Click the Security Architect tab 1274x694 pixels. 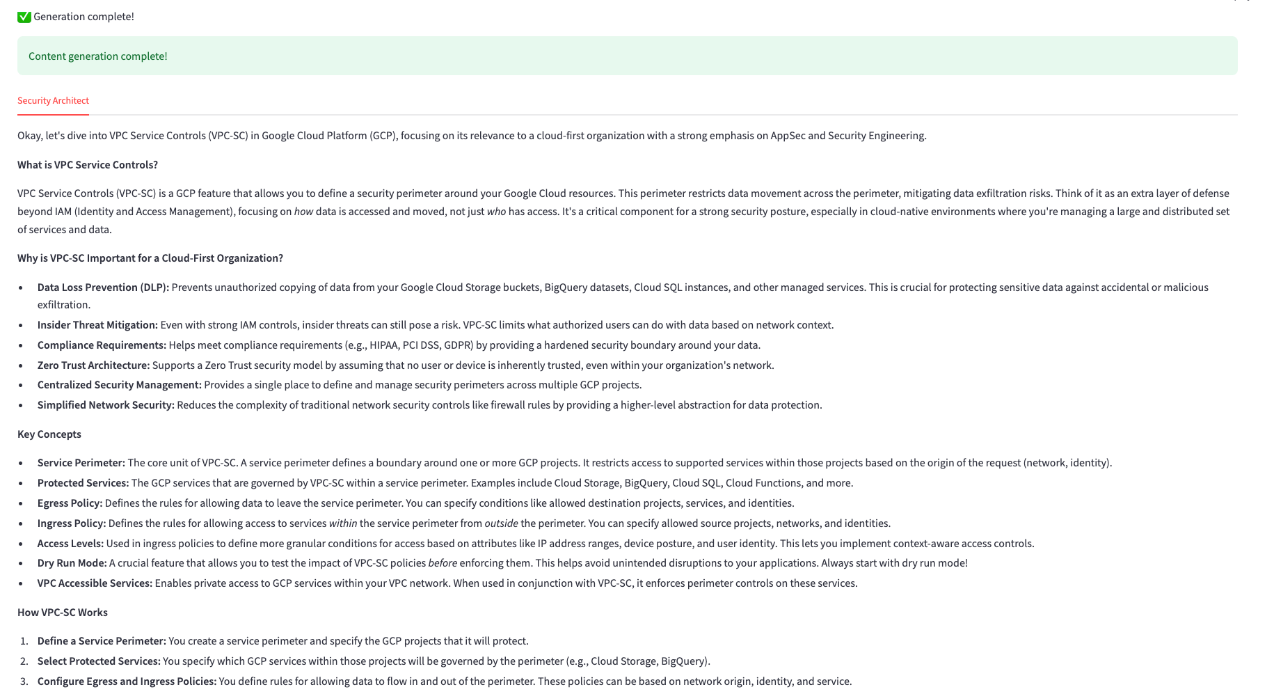(53, 101)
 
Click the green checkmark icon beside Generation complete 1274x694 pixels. (24, 17)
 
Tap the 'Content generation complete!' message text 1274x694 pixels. (98, 56)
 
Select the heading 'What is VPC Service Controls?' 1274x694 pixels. (88, 165)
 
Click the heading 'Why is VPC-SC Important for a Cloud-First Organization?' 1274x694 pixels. (150, 258)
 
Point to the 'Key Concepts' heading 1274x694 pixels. (49, 434)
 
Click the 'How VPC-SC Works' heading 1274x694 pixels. (63, 613)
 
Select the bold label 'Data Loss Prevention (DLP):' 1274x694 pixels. (103, 287)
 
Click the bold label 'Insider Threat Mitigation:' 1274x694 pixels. (97, 325)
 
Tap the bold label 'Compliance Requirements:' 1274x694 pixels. (102, 345)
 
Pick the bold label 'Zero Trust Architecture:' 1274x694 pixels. (93, 365)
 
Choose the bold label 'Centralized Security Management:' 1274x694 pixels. (119, 385)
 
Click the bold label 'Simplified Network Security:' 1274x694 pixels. (106, 405)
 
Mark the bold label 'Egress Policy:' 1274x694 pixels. (70, 503)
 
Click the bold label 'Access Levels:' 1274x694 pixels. (70, 544)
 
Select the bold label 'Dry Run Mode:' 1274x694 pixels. (72, 563)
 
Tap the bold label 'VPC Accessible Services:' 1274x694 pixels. (95, 583)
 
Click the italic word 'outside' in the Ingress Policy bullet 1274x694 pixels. (501, 523)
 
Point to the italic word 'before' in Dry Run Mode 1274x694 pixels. (443, 563)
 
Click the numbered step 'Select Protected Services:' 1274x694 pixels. (99, 661)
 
